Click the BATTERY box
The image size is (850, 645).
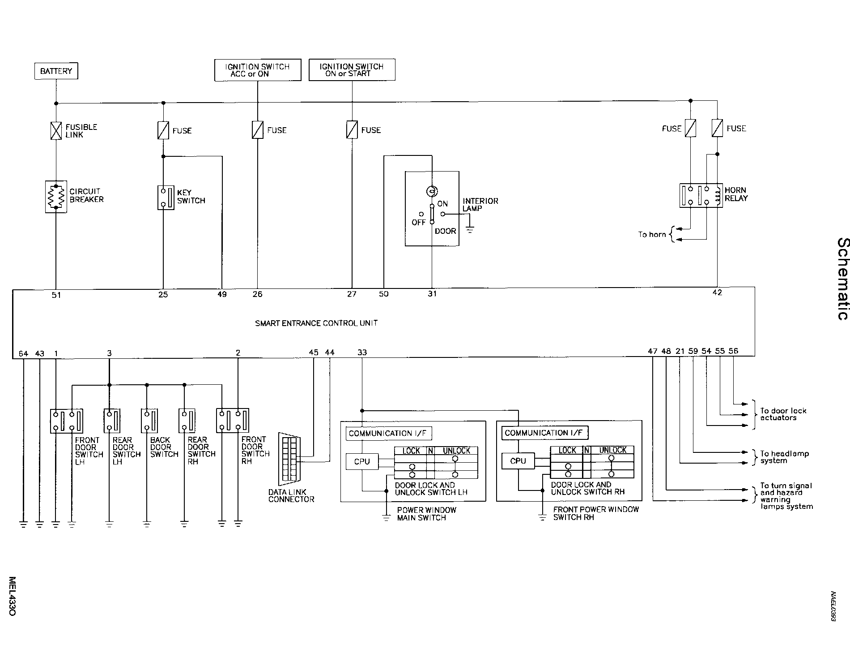click(x=56, y=71)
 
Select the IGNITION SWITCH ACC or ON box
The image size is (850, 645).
click(x=258, y=70)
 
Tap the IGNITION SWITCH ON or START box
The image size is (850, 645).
click(x=352, y=70)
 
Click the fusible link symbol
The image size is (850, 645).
click(x=56, y=131)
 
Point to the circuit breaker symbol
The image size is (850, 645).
click(x=56, y=197)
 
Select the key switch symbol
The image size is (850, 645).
click(x=166, y=198)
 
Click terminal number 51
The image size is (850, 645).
click(x=56, y=295)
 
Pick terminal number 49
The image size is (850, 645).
click(x=222, y=294)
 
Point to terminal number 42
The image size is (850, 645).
click(x=717, y=292)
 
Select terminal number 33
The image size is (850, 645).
click(x=362, y=353)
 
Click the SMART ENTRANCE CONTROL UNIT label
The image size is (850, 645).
click(x=316, y=323)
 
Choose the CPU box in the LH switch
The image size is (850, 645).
click(x=362, y=462)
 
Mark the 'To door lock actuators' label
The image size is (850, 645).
click(x=783, y=414)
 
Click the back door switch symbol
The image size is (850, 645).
click(x=149, y=421)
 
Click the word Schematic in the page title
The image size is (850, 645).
click(x=842, y=279)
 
